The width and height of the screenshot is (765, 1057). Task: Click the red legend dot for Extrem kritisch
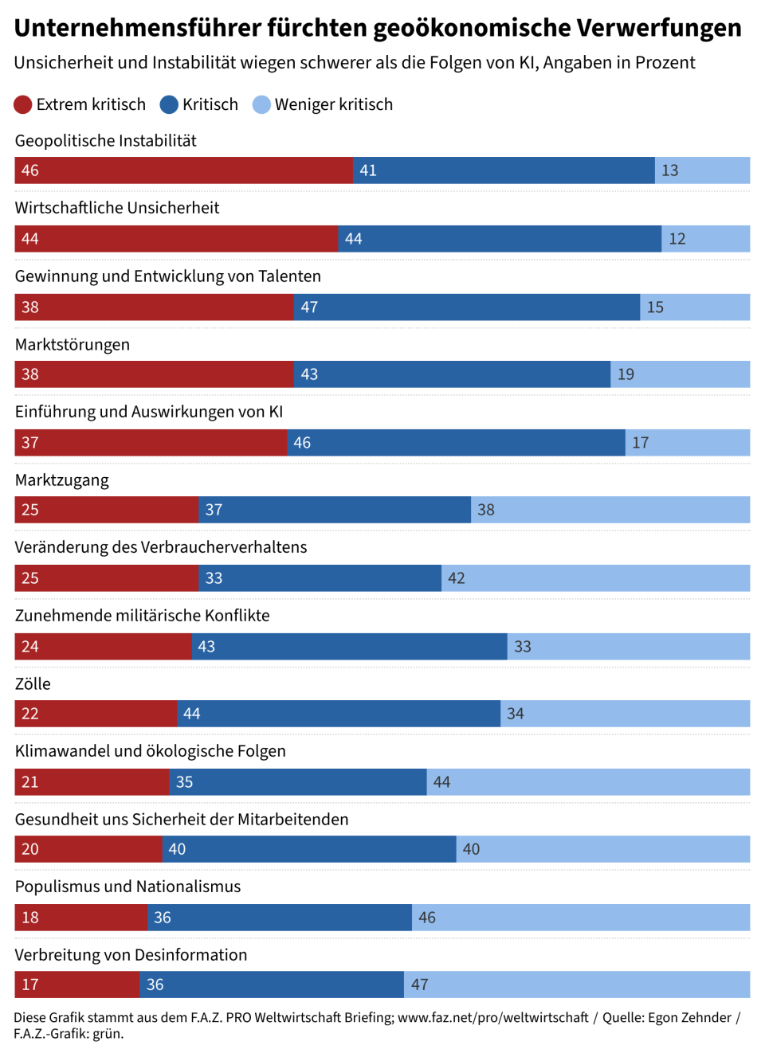point(22,104)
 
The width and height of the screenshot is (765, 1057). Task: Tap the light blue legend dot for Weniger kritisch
point(261,104)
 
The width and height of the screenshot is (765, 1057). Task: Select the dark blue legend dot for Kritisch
point(169,104)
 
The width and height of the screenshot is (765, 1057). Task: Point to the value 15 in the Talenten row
point(655,307)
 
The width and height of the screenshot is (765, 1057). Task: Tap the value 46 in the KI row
point(302,443)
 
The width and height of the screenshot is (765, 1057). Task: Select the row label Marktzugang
point(62,480)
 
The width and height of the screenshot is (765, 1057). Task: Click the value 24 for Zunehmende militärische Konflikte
point(30,647)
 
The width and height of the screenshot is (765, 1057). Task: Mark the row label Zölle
point(33,684)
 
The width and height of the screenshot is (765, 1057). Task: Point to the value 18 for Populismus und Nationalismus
point(30,918)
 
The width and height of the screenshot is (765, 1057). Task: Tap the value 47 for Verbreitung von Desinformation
point(420,985)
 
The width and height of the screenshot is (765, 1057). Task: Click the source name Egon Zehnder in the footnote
point(689,1017)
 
